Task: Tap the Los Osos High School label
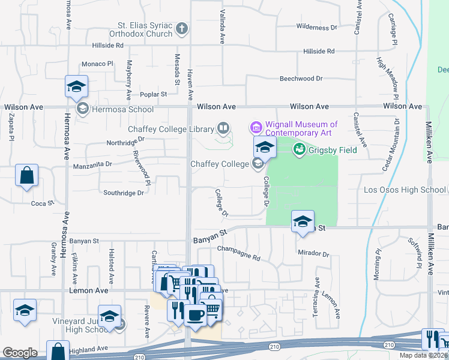pos(405,190)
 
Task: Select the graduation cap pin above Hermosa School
pos(77,87)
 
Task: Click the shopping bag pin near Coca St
pos(26,176)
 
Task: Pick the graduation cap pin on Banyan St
pos(303,221)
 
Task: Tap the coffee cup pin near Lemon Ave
pos(195,314)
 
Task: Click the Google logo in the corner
pos(20,353)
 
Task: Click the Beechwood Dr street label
pos(301,79)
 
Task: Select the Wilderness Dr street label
pos(317,27)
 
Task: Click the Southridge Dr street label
pos(124,193)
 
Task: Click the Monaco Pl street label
pos(97,63)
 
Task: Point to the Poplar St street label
pos(154,94)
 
